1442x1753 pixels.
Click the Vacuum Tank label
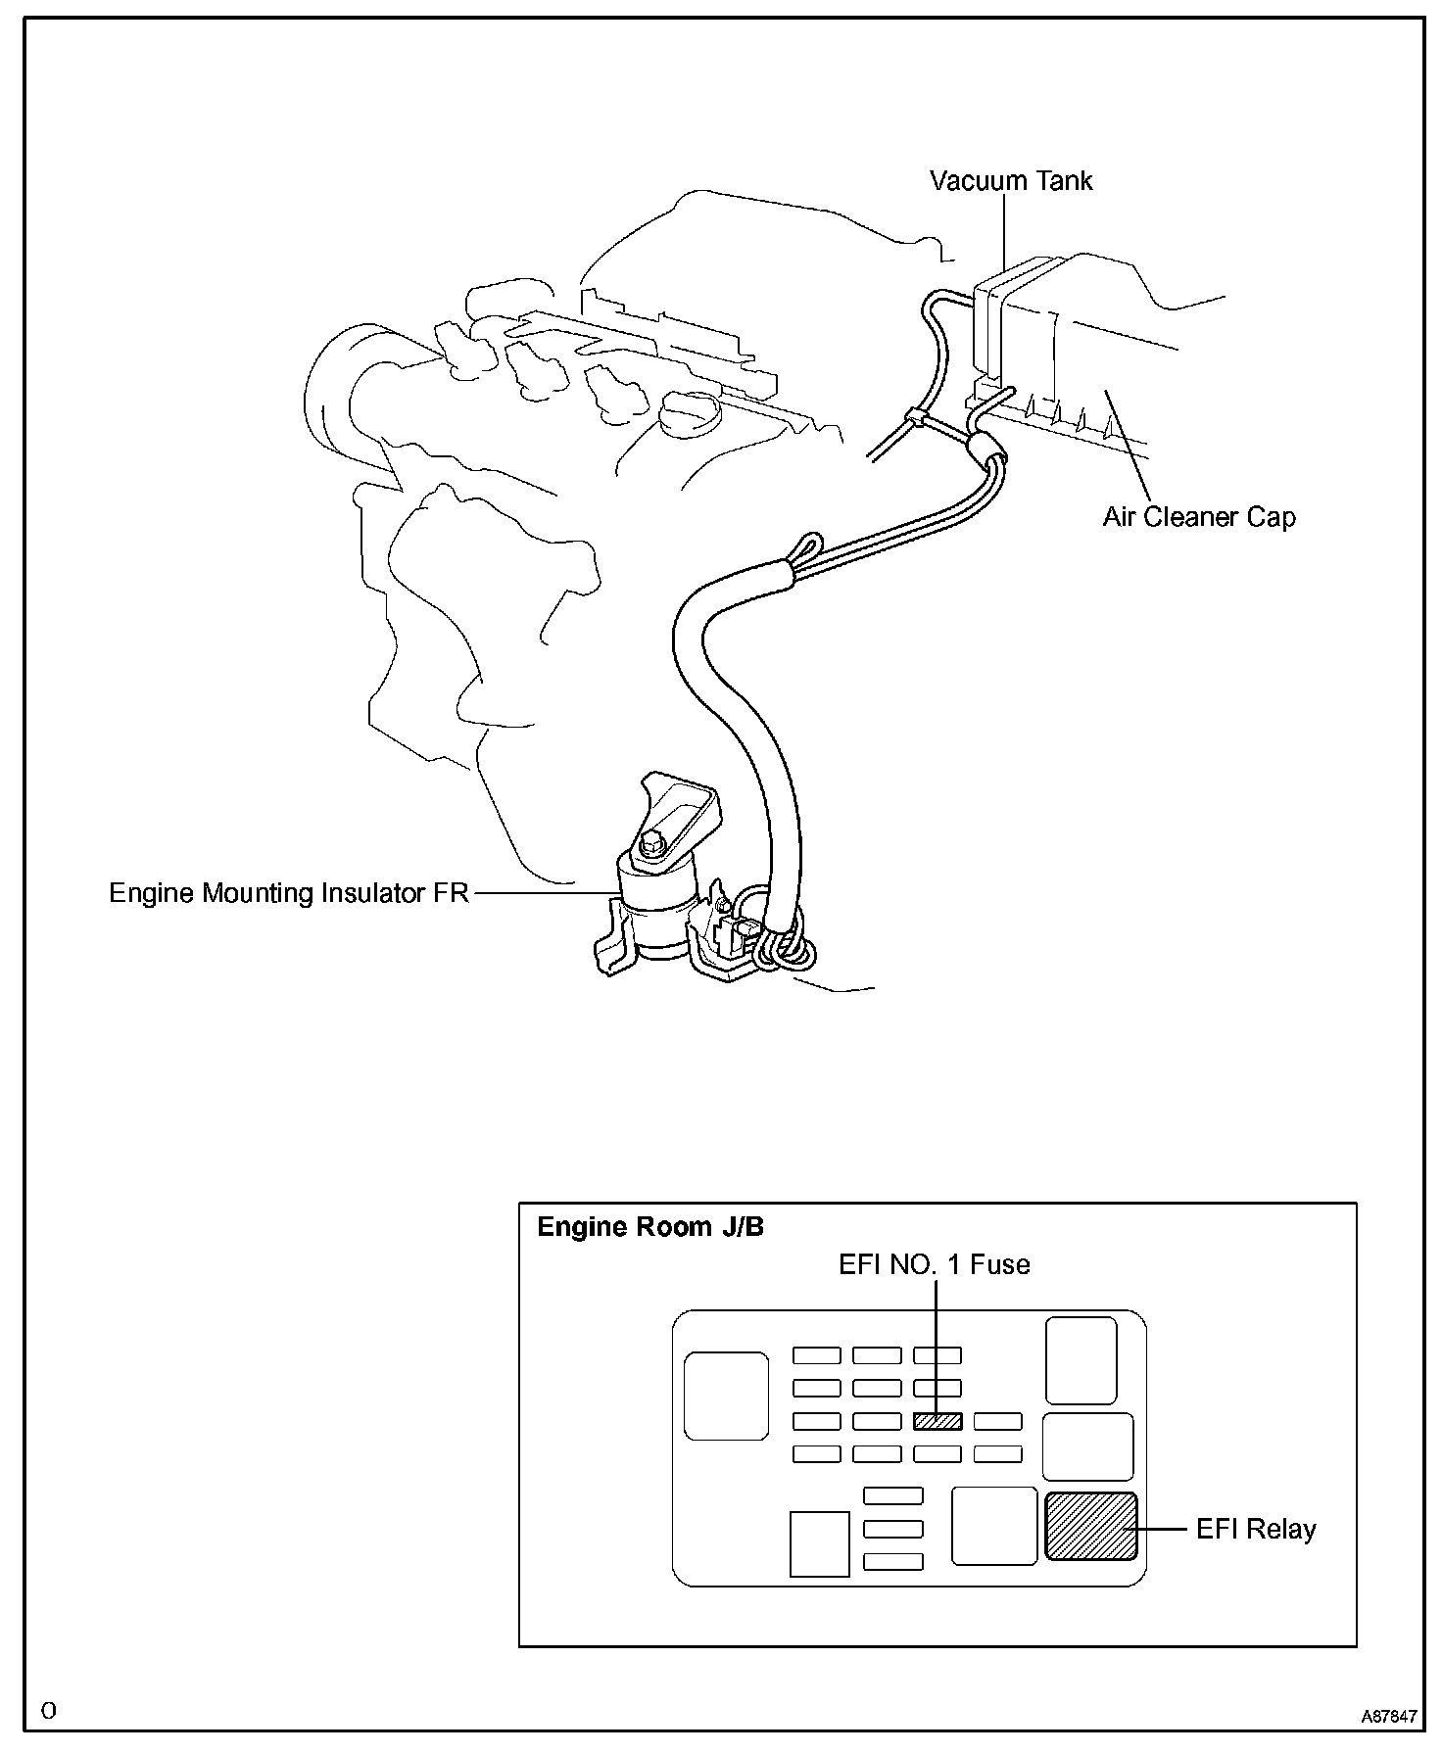tap(1010, 181)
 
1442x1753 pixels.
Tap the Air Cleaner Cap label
tap(1198, 517)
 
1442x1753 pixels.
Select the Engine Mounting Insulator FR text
tap(289, 893)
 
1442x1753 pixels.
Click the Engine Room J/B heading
tap(650, 1227)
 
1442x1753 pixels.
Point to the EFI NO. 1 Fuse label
tap(934, 1264)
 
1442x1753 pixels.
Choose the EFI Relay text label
tap(1256, 1529)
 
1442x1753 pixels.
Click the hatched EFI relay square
tap(1091, 1526)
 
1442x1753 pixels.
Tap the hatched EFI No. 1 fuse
tap(937, 1421)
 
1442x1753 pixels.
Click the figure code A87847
tap(1388, 1717)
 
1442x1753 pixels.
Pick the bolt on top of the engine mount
tap(650, 841)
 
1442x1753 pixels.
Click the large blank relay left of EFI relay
tap(994, 1525)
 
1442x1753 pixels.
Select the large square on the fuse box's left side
tap(726, 1396)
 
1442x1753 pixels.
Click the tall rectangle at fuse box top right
tap(1081, 1360)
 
